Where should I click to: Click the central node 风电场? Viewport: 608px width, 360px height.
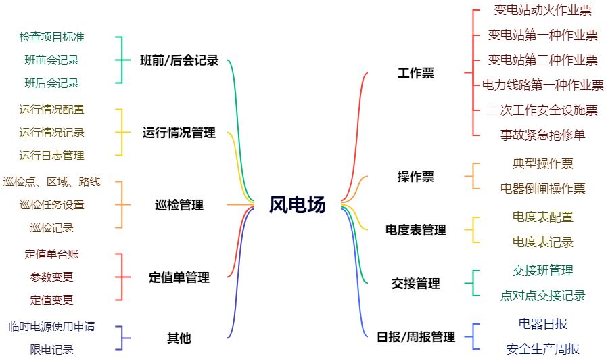(298, 204)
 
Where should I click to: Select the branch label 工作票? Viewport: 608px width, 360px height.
(416, 73)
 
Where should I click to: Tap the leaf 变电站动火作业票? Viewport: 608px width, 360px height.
(542, 10)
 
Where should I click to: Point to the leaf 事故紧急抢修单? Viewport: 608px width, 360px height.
(542, 134)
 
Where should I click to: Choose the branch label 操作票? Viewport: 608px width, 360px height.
(416, 177)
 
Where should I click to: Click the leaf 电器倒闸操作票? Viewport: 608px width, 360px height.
(542, 189)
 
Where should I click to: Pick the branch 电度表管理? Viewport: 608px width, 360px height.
(416, 230)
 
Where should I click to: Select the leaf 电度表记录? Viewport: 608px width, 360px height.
(542, 242)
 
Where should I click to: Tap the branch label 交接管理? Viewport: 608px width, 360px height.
(416, 284)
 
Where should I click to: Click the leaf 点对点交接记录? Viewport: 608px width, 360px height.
(542, 296)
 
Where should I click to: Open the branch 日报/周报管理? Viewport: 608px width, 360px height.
(416, 336)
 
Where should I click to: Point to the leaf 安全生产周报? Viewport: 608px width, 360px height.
(542, 349)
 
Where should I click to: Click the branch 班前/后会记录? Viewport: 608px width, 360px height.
(179, 60)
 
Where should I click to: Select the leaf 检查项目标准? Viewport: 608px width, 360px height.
(52, 37)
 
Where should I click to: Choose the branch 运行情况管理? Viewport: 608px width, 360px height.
(179, 132)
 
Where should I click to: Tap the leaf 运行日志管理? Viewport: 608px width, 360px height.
(52, 155)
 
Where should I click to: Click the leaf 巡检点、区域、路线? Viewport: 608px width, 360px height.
(52, 181)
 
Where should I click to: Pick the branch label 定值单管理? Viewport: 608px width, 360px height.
(179, 277)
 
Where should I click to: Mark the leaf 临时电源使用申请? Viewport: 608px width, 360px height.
(52, 326)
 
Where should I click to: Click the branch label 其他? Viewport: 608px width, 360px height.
(179, 338)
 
